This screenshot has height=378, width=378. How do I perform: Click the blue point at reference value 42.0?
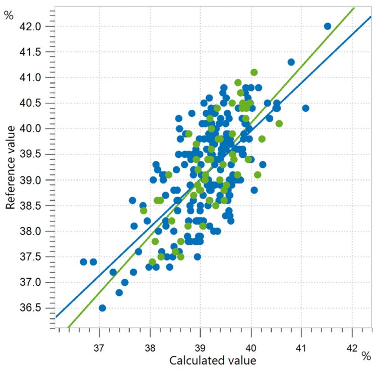click(327, 26)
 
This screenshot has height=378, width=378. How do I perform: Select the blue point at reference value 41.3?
click(291, 62)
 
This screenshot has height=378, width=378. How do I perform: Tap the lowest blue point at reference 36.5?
click(102, 308)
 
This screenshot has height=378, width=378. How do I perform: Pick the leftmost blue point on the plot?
click(84, 262)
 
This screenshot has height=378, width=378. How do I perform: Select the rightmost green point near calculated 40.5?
click(279, 123)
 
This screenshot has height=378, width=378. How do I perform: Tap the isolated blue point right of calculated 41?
click(305, 108)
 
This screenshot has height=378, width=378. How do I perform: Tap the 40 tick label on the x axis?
click(251, 348)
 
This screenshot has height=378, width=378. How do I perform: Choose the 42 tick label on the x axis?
click(352, 348)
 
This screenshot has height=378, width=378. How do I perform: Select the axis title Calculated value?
click(213, 361)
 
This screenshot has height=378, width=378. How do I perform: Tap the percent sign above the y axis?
click(9, 16)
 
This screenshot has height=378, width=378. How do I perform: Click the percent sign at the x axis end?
click(366, 356)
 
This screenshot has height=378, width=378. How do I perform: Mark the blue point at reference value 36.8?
click(119, 292)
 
